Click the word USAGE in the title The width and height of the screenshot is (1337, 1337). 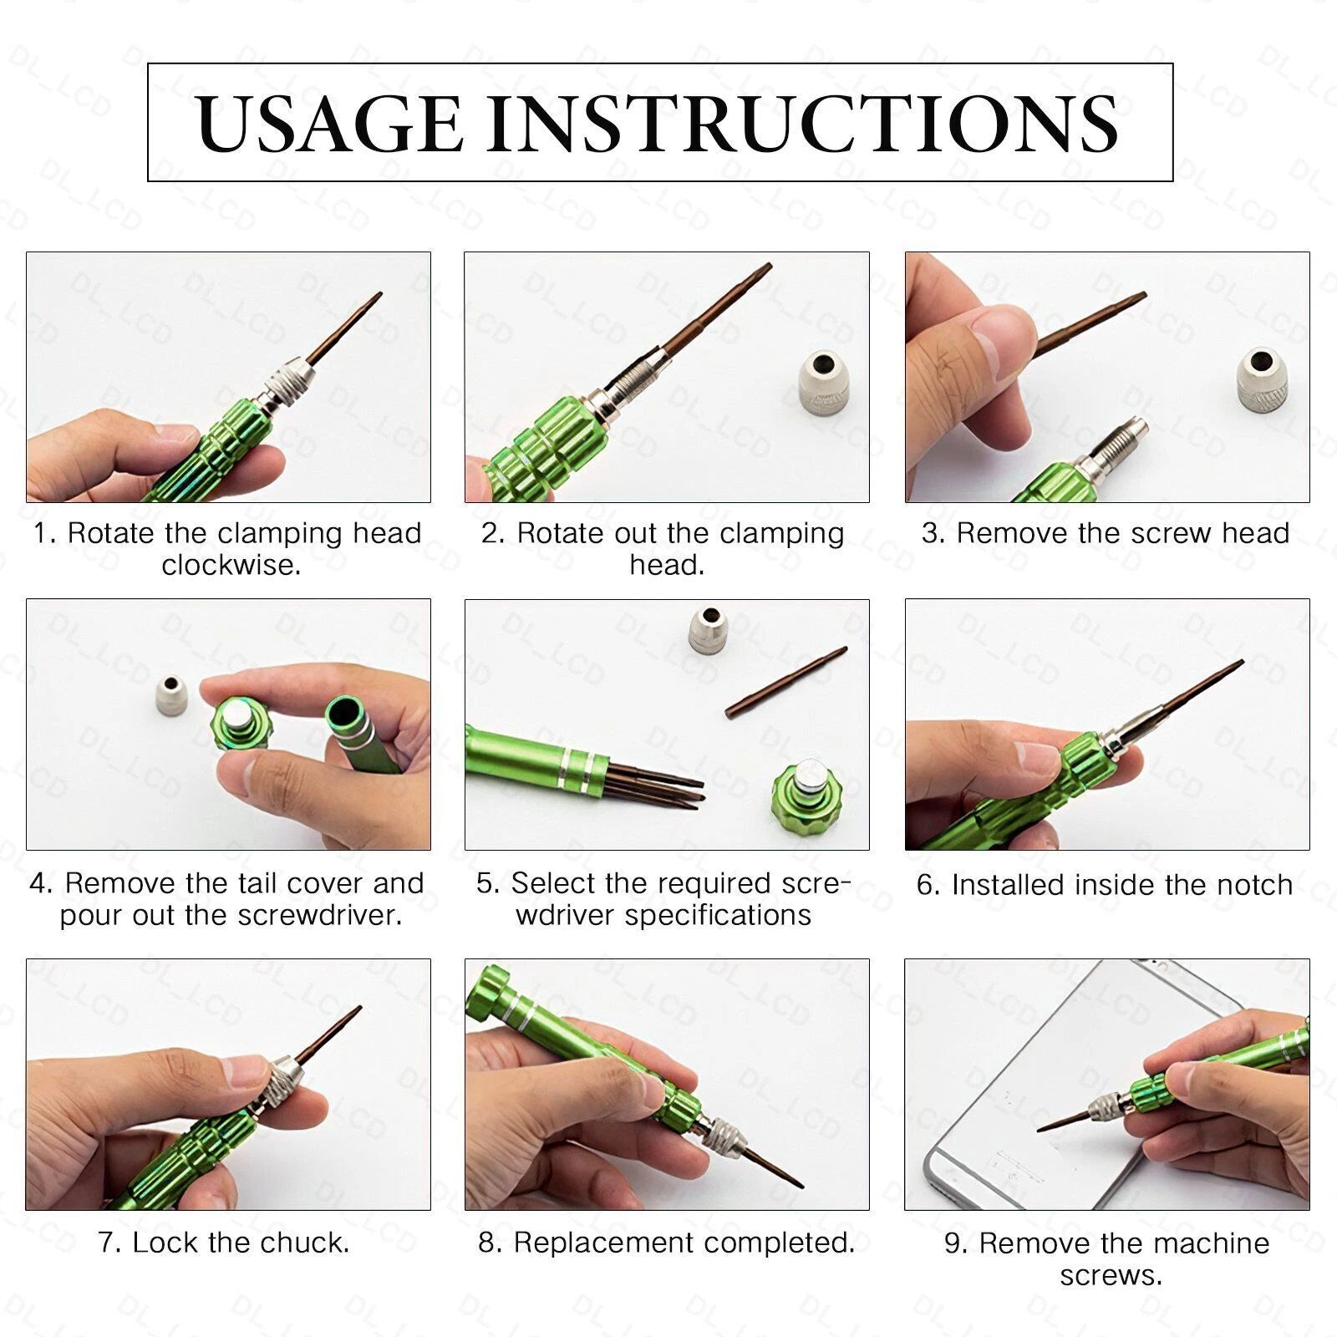(x=330, y=124)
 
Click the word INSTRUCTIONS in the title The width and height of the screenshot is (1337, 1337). (x=802, y=124)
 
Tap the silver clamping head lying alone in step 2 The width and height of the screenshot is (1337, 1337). (x=823, y=383)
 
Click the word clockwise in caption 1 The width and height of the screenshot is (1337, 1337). (x=231, y=566)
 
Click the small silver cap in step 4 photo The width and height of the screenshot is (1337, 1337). (x=174, y=695)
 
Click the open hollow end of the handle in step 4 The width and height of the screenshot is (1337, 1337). (x=344, y=714)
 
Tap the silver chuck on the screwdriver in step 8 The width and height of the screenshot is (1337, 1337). (x=720, y=1135)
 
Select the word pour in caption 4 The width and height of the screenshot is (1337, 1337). (x=89, y=915)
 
